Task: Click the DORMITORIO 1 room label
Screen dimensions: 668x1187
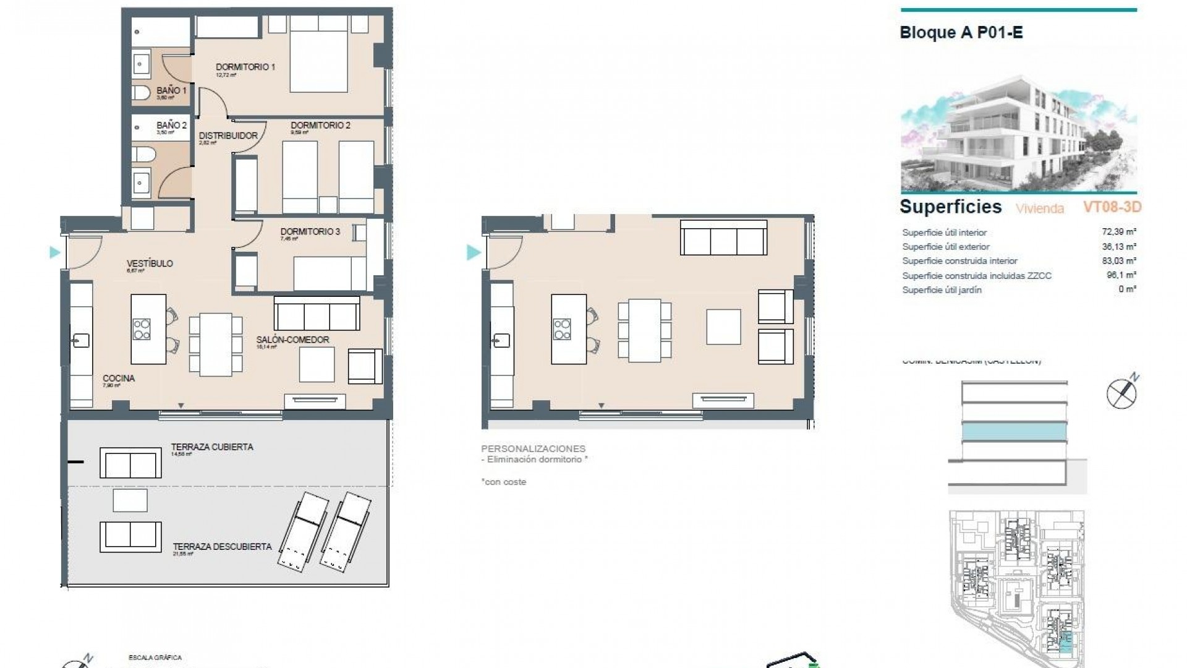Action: click(x=245, y=67)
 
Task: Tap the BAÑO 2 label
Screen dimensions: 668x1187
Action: click(x=171, y=125)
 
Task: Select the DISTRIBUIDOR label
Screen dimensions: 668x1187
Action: click(x=228, y=135)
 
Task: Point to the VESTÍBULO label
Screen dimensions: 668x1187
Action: click(x=150, y=263)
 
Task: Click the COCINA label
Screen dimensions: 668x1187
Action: click(x=119, y=378)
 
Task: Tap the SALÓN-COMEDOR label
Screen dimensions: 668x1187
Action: click(x=292, y=340)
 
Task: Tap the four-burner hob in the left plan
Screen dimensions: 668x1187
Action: click(x=142, y=328)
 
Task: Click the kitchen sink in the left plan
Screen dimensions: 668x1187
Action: click(x=80, y=340)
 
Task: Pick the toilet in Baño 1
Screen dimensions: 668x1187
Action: click(x=141, y=93)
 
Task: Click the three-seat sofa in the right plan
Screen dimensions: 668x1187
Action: click(x=723, y=237)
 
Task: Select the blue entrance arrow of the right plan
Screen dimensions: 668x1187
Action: click(x=473, y=252)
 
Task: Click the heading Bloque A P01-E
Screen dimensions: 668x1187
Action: click(x=961, y=32)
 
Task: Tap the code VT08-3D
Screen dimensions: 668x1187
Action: click(x=1112, y=207)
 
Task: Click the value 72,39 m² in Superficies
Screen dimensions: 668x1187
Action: click(x=1119, y=232)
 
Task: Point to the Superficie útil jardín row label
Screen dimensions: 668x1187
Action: click(x=942, y=289)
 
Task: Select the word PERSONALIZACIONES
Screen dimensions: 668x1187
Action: click(x=533, y=448)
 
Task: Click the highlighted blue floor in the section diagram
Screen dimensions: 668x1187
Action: click(x=1014, y=432)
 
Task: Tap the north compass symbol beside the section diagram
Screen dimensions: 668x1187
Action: click(x=1122, y=392)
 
